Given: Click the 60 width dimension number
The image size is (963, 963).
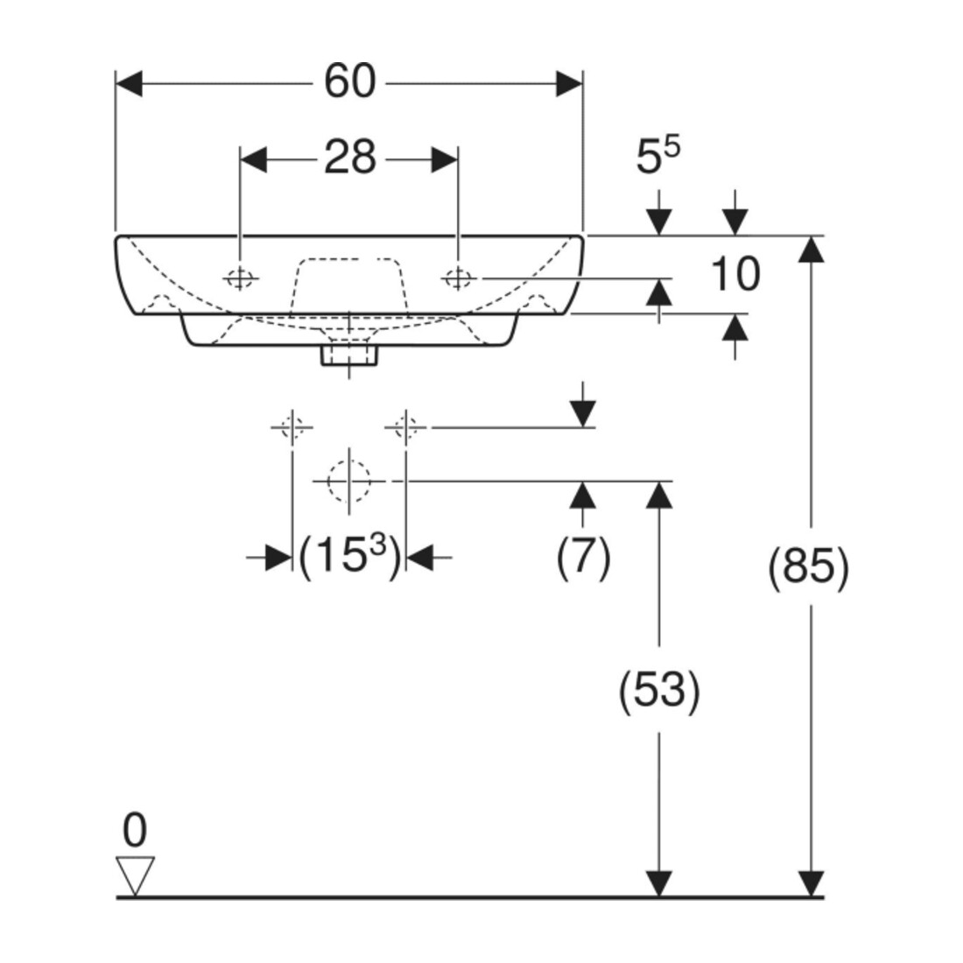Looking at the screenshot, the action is (349, 81).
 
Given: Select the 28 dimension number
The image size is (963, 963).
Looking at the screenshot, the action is (349, 158).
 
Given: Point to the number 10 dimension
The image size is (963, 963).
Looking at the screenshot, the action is (735, 274).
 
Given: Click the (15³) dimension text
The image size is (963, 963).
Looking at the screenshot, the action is (349, 555).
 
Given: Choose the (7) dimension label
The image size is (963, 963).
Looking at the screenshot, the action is (583, 557).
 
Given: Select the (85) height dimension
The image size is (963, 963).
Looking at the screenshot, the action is (810, 566).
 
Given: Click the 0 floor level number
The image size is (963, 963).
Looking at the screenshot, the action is (135, 831).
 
